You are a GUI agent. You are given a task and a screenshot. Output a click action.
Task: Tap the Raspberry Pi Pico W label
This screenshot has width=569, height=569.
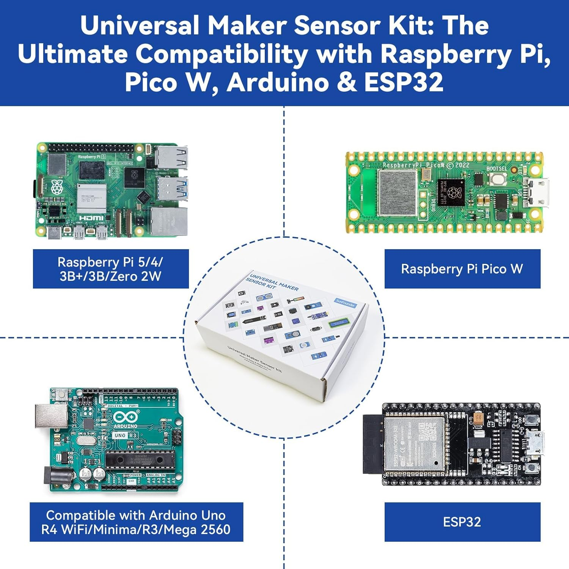click(462, 269)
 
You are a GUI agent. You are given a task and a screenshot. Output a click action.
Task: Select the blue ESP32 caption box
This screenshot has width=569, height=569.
click(462, 522)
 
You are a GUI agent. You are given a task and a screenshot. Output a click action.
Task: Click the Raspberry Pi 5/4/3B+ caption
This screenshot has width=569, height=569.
click(110, 269)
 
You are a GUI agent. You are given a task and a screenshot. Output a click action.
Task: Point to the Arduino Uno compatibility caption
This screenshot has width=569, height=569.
click(136, 522)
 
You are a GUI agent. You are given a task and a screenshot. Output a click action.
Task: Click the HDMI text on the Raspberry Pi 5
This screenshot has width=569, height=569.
click(91, 218)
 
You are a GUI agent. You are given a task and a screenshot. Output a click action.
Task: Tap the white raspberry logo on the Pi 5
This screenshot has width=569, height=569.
click(57, 187)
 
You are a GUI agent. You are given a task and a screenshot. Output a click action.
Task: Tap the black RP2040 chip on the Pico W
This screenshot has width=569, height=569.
click(451, 193)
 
